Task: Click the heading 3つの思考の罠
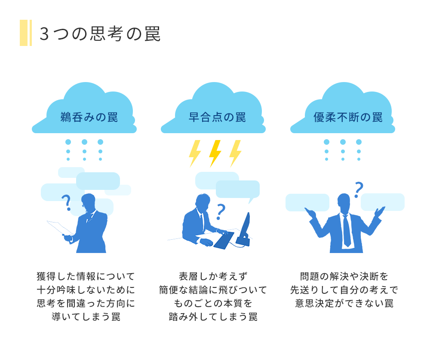[x=100, y=34]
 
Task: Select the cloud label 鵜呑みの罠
[x=89, y=117]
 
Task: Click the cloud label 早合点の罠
[x=217, y=117]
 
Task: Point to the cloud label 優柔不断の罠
[x=348, y=117]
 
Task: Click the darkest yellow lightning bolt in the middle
[x=215, y=153]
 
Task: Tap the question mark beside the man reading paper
[x=66, y=202]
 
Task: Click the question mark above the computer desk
[x=221, y=211]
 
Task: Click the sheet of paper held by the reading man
[x=60, y=228]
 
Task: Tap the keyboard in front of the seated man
[x=224, y=240]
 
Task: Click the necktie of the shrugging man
[x=346, y=230]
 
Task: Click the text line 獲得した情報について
[x=86, y=276]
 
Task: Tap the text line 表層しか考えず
[x=213, y=276]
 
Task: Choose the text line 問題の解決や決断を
[x=344, y=276]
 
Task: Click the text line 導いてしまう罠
[x=86, y=317]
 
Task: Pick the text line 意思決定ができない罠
[x=344, y=303]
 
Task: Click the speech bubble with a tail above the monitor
[x=238, y=190]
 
